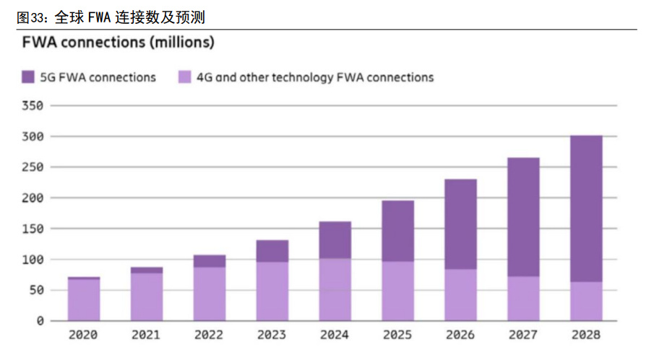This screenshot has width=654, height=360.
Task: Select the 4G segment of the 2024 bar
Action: [335, 289]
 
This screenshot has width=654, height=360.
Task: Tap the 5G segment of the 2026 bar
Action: [460, 224]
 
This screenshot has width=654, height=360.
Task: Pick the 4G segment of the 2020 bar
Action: [84, 299]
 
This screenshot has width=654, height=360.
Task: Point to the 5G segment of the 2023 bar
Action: [272, 251]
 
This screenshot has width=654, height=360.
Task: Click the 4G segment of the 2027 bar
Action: [523, 298]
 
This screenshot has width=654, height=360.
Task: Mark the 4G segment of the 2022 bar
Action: [210, 293]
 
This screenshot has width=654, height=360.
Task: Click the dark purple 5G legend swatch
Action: [28, 77]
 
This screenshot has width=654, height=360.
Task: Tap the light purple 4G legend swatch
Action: [184, 77]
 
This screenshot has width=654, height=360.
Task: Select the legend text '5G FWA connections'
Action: [98, 77]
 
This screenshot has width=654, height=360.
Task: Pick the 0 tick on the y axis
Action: [40, 320]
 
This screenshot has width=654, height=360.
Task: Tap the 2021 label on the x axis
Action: [146, 335]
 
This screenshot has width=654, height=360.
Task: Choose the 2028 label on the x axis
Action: [585, 335]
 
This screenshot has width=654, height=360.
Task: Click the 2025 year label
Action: [397, 335]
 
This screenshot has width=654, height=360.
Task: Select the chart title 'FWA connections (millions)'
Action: [119, 43]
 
